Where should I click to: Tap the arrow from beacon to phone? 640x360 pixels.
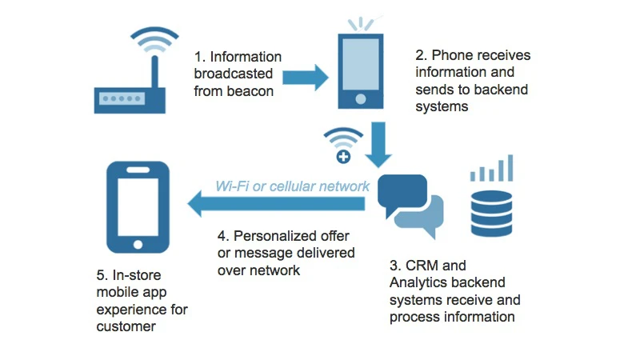coord(305,78)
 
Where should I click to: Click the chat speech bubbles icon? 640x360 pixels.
coord(409,203)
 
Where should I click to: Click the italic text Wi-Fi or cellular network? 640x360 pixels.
coord(292,186)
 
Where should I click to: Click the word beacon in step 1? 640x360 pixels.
coord(252,91)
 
